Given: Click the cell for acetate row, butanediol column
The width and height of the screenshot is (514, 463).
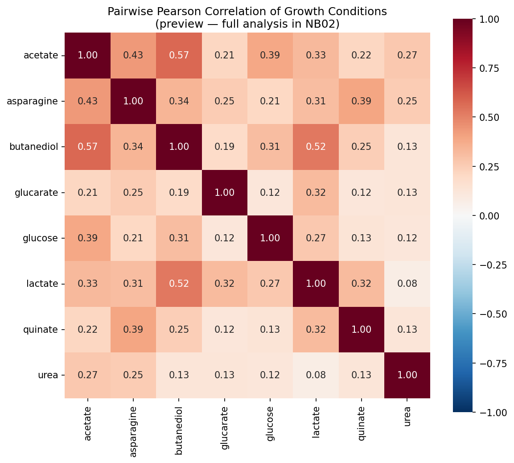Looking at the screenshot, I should click(179, 55).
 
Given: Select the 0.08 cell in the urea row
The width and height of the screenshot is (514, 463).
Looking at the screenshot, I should click(316, 375).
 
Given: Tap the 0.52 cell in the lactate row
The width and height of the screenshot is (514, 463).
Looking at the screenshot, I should click(179, 284).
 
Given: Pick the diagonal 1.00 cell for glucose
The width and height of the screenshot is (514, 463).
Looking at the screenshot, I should click(270, 238).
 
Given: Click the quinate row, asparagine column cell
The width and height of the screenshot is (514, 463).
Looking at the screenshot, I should click(133, 329).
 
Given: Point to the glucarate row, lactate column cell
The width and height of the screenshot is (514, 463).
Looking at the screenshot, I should click(316, 192).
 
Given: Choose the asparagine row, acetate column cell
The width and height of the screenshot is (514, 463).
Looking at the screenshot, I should click(87, 101).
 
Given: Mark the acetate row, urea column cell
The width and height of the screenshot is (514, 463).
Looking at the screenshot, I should click(407, 55).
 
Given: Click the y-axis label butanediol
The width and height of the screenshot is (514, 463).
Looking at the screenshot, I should click(34, 147).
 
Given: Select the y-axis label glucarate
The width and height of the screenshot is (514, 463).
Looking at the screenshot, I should click(37, 192).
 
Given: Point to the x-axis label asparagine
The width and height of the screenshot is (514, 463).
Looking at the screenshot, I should click(133, 430).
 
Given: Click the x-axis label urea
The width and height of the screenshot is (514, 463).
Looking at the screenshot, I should click(407, 417).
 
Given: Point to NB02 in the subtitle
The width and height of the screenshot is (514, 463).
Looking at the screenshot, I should click(325, 24).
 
